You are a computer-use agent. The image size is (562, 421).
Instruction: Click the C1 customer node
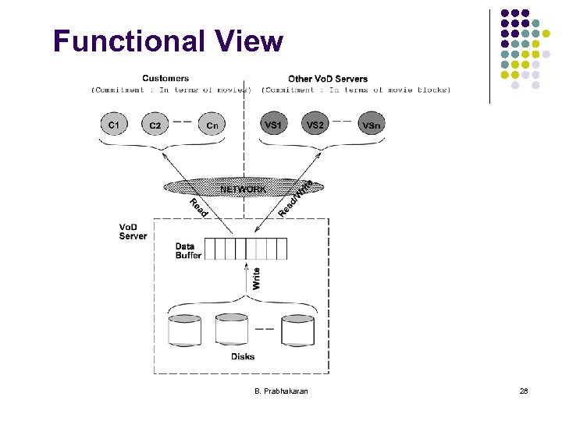pos(114,124)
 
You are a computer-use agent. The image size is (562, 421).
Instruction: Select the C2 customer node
pos(155,125)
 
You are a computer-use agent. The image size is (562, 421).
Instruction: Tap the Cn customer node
pos(212,125)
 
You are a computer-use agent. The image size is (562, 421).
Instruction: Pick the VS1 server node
pos(273,124)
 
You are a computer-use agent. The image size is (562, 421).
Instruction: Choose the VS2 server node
pos(315,124)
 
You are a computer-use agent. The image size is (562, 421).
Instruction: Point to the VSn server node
pos(372,125)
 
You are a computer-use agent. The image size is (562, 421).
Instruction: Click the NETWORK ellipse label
pos(243,189)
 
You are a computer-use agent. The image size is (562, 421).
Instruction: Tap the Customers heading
pos(165,79)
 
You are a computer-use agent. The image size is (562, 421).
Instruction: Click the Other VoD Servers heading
pos(328,79)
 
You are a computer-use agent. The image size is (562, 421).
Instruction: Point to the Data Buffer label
pos(188,250)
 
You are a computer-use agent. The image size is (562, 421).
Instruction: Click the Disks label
pos(243,356)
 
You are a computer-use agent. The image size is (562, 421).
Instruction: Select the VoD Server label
pos(133,232)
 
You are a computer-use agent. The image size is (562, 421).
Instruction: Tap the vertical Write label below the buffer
pos(257,278)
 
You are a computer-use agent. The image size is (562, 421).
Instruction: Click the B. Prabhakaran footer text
pos(281,390)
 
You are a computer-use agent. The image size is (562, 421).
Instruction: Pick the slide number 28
pos(524,390)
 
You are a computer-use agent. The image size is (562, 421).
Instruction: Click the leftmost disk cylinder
pos(185,330)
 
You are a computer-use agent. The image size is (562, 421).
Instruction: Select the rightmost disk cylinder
pos(297,330)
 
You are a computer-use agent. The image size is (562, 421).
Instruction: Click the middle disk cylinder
pos(231,330)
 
